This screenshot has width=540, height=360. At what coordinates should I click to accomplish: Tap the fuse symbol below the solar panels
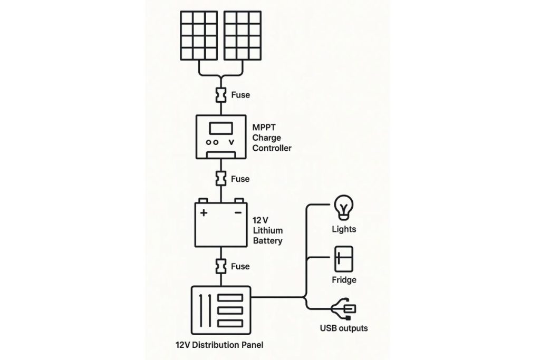click(220, 95)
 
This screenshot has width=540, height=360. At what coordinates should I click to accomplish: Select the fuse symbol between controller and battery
click(220, 179)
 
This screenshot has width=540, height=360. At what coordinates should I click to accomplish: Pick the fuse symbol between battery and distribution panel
click(220, 266)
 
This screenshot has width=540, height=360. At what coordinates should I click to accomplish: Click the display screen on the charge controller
click(220, 129)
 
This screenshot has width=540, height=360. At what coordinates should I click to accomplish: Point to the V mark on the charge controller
click(231, 142)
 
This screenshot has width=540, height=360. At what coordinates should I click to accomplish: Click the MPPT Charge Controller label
click(272, 138)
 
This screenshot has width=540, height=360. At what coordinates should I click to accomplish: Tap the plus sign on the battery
click(203, 213)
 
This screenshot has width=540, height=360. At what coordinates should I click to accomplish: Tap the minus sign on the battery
click(238, 213)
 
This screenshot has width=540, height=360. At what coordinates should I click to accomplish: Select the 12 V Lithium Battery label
click(267, 231)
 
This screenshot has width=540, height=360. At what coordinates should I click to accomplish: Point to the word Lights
click(344, 229)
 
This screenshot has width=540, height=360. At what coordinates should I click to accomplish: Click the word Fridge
click(344, 280)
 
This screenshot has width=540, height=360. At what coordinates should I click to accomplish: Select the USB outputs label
click(344, 328)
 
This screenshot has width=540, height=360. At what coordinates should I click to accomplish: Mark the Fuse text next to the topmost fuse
click(240, 95)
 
